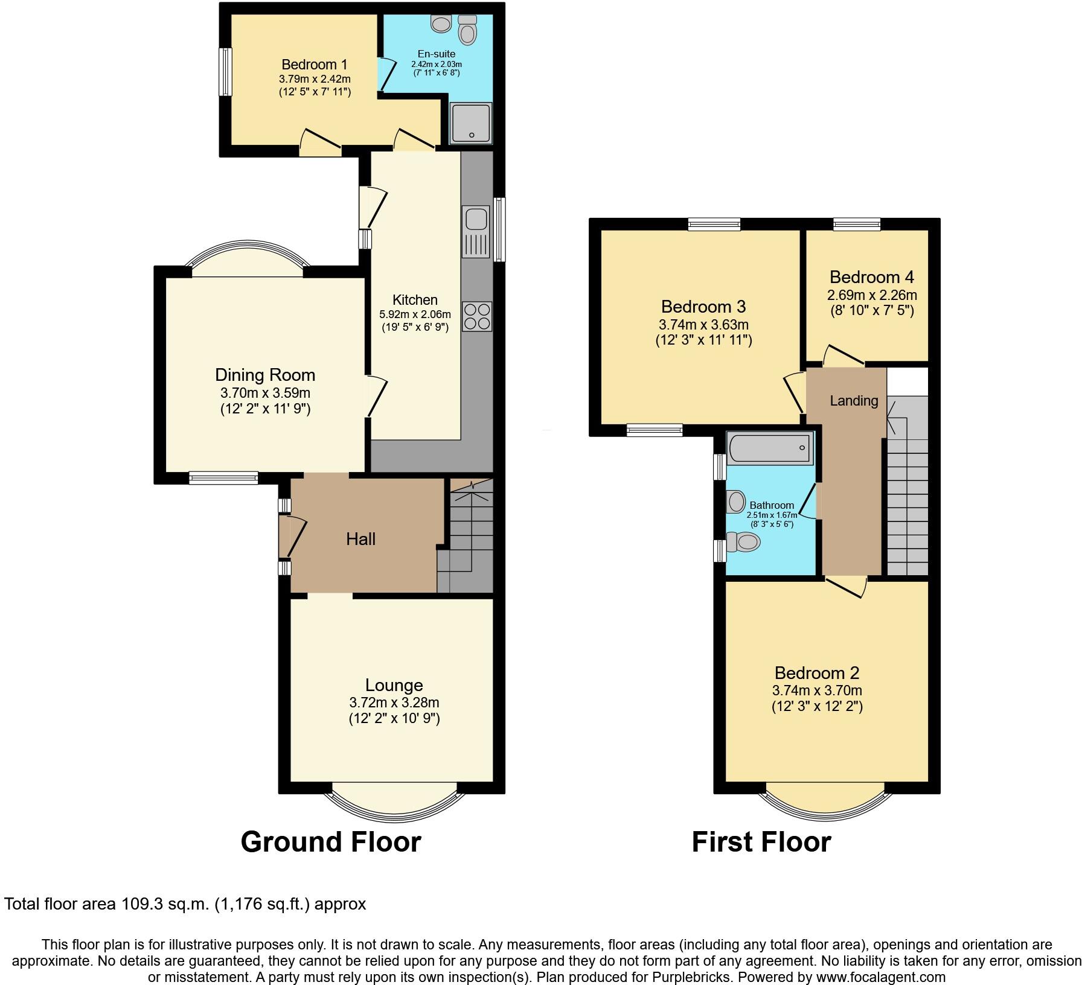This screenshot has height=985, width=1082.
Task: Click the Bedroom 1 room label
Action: [x=314, y=64]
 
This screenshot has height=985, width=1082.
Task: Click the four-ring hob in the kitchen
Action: [x=476, y=316]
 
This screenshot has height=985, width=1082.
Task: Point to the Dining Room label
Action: [x=265, y=375]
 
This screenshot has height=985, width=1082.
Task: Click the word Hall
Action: [x=360, y=539]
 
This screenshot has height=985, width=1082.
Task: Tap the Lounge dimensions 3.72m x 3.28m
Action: [x=394, y=703]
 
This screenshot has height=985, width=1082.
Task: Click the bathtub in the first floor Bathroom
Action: [x=769, y=448]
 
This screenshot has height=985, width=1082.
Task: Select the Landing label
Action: [x=853, y=401]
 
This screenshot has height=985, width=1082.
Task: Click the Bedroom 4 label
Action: [x=871, y=277]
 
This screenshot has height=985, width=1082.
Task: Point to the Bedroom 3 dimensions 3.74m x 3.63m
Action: [x=703, y=325]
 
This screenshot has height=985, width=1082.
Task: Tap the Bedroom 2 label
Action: [x=816, y=673]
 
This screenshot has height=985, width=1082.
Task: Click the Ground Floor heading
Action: [x=330, y=841]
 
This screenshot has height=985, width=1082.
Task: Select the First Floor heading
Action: [x=761, y=841]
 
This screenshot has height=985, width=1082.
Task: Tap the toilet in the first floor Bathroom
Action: [x=744, y=542]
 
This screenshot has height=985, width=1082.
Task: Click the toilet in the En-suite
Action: [x=467, y=30]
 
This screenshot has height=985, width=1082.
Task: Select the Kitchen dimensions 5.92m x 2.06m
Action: [x=415, y=314]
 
